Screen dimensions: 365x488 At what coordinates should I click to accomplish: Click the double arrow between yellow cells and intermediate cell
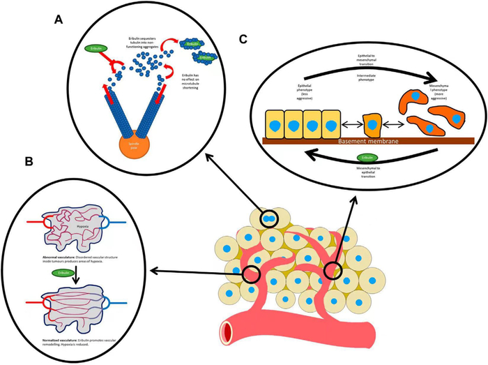click(x=349, y=127)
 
